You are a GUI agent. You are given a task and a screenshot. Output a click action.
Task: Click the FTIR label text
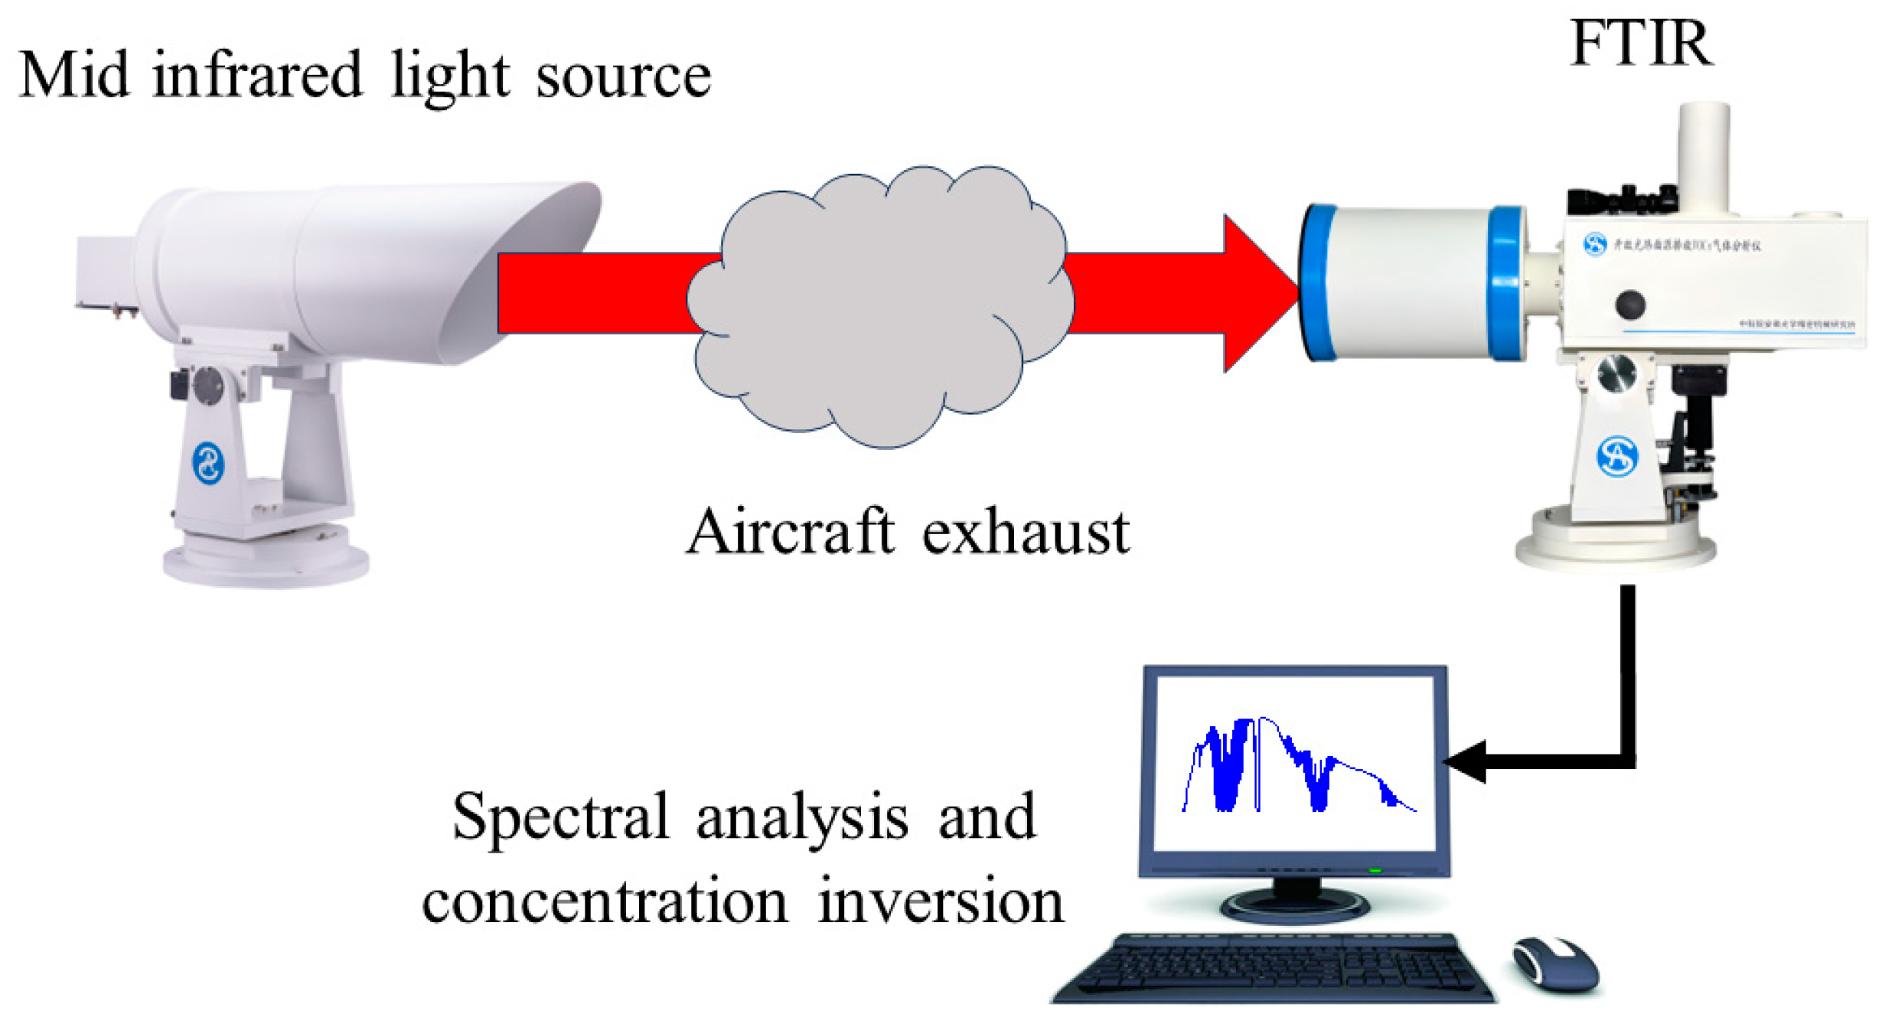1639,44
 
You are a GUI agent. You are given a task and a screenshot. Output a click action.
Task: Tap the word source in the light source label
623,77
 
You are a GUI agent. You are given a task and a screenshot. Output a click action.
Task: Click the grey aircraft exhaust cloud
880,306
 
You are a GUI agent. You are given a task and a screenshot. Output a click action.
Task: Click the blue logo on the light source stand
207,463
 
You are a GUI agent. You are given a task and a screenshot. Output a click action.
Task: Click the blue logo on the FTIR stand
1616,457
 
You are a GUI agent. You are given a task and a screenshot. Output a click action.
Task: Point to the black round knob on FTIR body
1630,305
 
